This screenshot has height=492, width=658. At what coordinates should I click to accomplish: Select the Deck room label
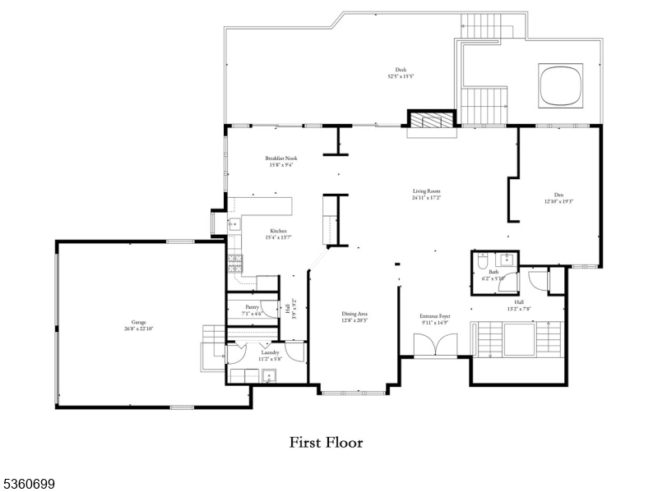tap(401, 73)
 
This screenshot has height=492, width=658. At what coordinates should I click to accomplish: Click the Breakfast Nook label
tap(280, 161)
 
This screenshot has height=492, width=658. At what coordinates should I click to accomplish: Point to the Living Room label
tap(426, 194)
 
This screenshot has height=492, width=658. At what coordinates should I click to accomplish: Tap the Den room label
tap(558, 198)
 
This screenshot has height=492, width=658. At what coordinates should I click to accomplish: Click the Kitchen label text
tap(278, 234)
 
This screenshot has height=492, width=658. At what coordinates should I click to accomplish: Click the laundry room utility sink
tap(268, 376)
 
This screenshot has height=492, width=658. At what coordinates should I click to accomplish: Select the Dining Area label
tap(354, 316)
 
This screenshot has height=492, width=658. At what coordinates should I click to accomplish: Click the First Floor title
tap(326, 442)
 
